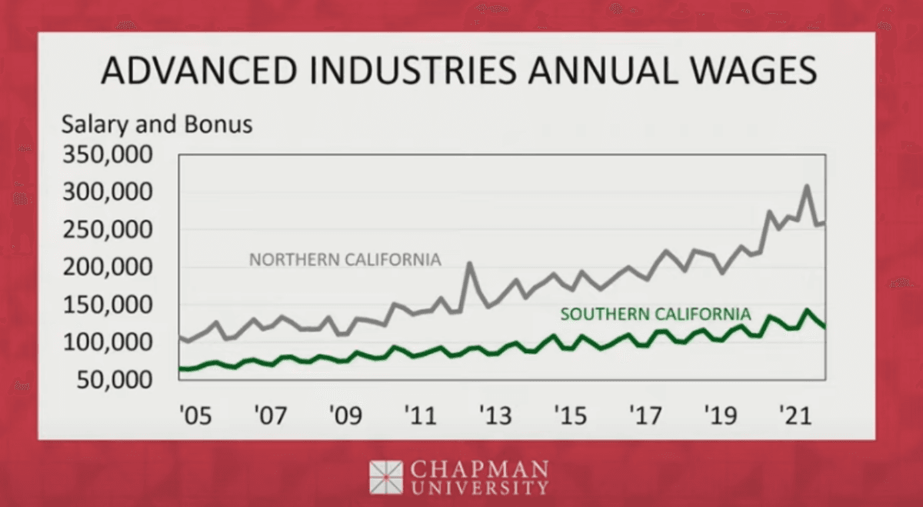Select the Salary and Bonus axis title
(x=157, y=125)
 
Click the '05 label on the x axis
(x=194, y=416)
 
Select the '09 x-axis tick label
(x=345, y=416)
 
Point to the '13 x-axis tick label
(x=495, y=416)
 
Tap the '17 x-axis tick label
(x=646, y=416)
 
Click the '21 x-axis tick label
(x=795, y=416)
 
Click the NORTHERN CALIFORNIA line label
(x=345, y=260)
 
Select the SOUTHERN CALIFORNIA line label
(x=655, y=314)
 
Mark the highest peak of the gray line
(x=806, y=186)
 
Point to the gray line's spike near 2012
(x=469, y=264)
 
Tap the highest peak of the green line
(x=806, y=311)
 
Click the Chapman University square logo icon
(x=385, y=477)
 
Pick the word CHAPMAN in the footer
(x=479, y=469)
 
